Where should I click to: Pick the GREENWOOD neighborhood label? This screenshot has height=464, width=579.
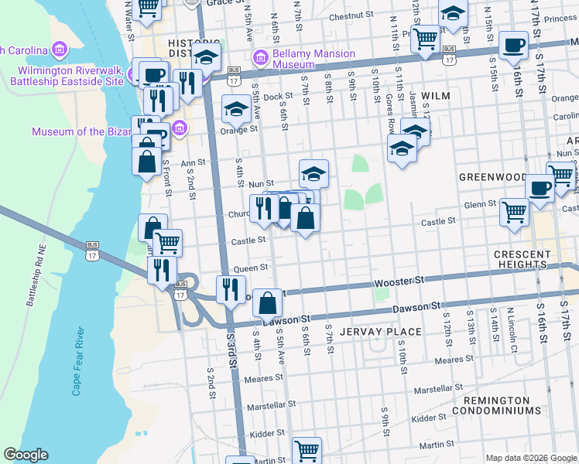492,176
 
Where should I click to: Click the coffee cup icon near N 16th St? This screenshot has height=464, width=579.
513,46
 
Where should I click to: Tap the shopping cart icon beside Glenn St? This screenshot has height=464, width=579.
514,212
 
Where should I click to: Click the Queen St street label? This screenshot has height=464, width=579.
250,268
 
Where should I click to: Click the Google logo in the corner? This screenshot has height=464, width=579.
26,454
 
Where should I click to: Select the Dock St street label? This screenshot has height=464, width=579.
276,97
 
